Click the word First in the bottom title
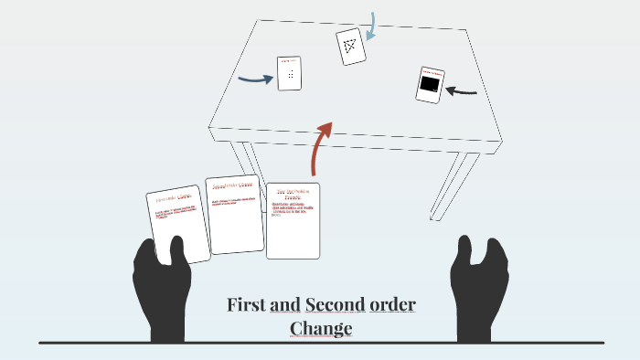pyautogui.click(x=247, y=304)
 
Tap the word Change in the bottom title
pyautogui.click(x=321, y=328)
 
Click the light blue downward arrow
pyautogui.click(x=370, y=26)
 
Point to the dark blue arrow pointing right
pyautogui.click(x=255, y=79)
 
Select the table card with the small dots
pyautogui.click(x=290, y=73)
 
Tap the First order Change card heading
pyautogui.click(x=173, y=197)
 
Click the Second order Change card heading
pyautogui.click(x=231, y=185)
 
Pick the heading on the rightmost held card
pyautogui.click(x=294, y=193)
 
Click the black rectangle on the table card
pyautogui.click(x=428, y=87)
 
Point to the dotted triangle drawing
pyautogui.click(x=348, y=43)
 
